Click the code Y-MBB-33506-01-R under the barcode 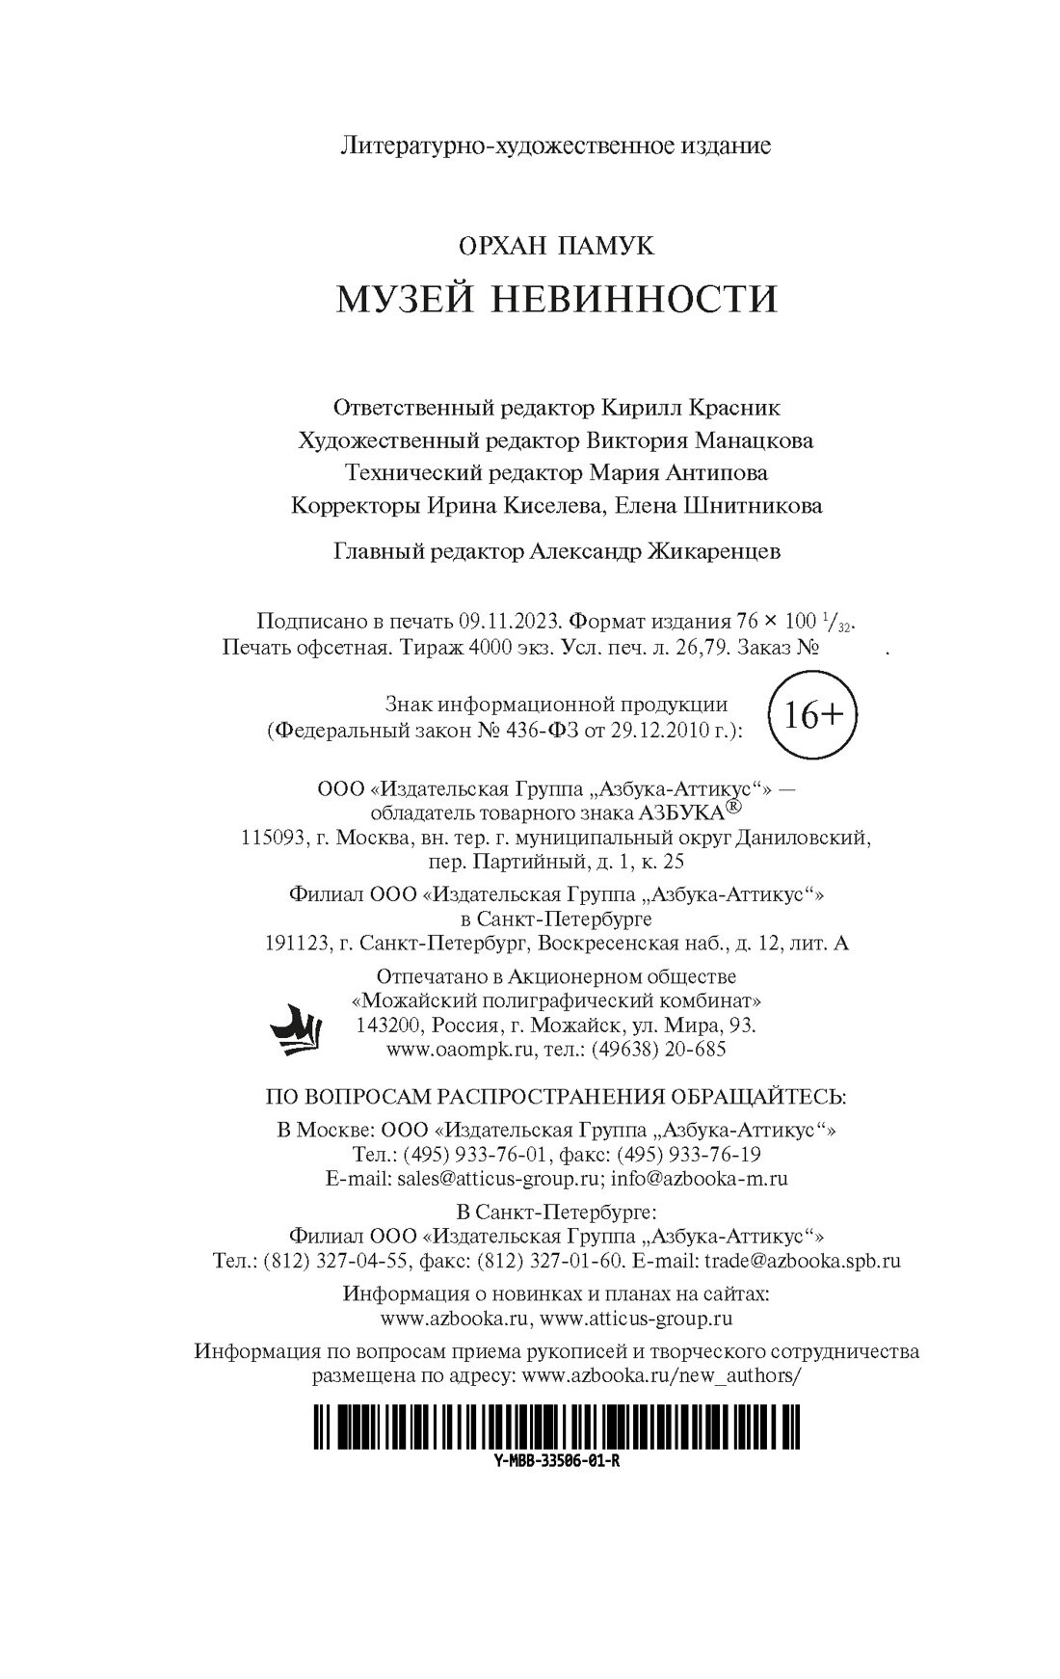(x=556, y=1460)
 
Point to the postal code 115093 (x=273, y=839)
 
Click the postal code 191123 (x=296, y=944)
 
